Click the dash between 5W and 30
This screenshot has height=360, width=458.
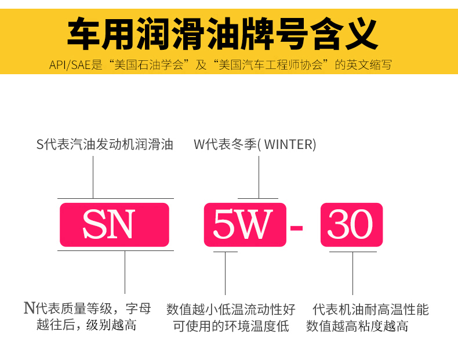coord(296,226)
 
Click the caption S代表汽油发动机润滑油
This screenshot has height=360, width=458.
coord(105,144)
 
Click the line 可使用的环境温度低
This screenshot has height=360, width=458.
coord(231,326)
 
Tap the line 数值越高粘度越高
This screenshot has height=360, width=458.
coord(357,326)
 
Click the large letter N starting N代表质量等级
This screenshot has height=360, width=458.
coord(29,308)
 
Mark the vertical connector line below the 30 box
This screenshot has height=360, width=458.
coord(352,272)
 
